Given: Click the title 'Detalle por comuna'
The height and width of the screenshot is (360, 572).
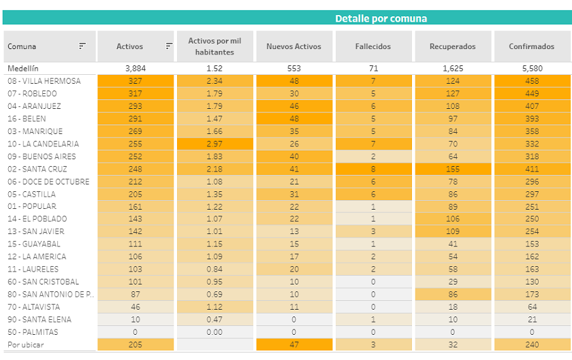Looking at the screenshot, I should [x=381, y=18].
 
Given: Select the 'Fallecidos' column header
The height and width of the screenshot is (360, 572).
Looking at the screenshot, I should [x=373, y=46].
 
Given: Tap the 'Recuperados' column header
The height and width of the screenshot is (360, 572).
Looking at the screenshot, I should [x=452, y=46].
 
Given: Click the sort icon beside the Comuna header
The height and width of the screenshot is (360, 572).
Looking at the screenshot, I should [x=82, y=46].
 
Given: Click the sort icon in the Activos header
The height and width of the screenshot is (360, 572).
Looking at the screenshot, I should [x=169, y=46].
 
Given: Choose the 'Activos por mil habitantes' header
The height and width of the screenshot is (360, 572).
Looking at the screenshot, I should [x=214, y=46].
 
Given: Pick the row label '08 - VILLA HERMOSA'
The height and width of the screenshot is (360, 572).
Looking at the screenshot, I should [x=44, y=81].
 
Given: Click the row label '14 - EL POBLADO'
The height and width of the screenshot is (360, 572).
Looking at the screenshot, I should [x=37, y=219].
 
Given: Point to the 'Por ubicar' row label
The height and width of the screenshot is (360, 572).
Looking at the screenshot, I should [x=24, y=345].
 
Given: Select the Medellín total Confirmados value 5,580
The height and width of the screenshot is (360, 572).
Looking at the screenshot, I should [x=533, y=69].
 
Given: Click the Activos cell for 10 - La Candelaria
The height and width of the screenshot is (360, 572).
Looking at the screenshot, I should [x=136, y=144].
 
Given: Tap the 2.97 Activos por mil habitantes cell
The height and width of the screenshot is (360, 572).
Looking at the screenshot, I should [x=214, y=144].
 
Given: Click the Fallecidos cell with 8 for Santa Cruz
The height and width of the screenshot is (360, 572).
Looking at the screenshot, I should [x=373, y=169].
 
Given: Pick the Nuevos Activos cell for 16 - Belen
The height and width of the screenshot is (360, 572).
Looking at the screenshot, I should [x=294, y=119].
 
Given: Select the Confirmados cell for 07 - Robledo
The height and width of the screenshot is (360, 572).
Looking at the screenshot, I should [x=533, y=94].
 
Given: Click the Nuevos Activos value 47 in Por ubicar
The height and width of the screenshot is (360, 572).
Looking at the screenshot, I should [x=294, y=345].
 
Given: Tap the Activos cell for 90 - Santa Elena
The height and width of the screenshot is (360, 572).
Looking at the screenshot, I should [x=136, y=320].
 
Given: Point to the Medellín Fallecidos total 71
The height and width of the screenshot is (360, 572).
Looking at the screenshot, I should [x=373, y=69].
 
